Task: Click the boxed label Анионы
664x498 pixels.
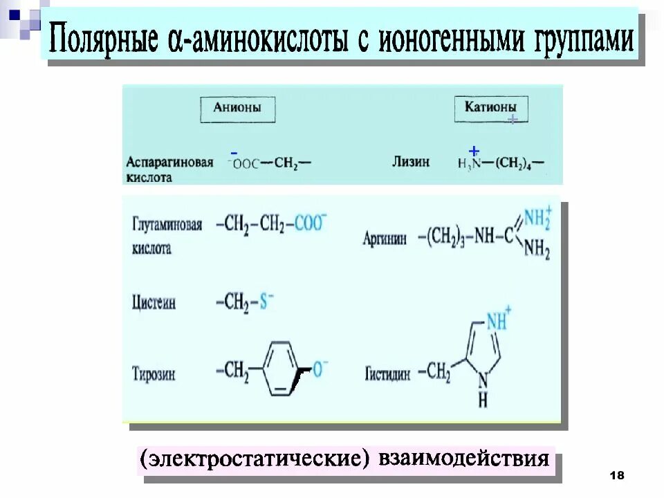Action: tap(237, 109)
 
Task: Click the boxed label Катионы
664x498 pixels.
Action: tap(490, 108)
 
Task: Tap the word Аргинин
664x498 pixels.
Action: tap(387, 239)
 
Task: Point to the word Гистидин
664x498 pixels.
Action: tap(387, 374)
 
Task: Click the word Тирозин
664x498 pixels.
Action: tap(154, 374)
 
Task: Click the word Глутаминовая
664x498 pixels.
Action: tap(167, 226)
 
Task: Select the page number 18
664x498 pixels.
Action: tap(617, 475)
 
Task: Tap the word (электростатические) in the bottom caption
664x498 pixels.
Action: tap(254, 459)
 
